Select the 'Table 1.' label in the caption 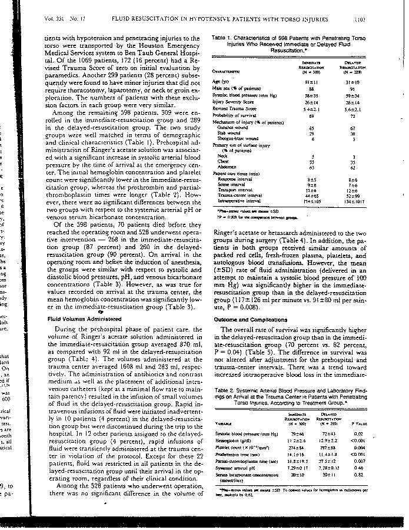pyautogui.click(x=221, y=37)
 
